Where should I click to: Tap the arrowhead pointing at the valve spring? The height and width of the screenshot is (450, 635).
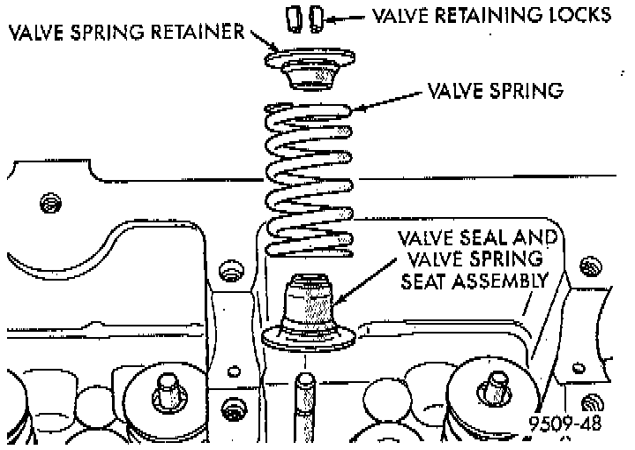[x=356, y=109]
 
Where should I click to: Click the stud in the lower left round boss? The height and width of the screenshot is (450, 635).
[x=164, y=388]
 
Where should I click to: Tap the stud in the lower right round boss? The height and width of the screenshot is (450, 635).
[x=494, y=388]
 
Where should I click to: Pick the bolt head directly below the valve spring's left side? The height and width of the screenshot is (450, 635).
[x=235, y=268]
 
